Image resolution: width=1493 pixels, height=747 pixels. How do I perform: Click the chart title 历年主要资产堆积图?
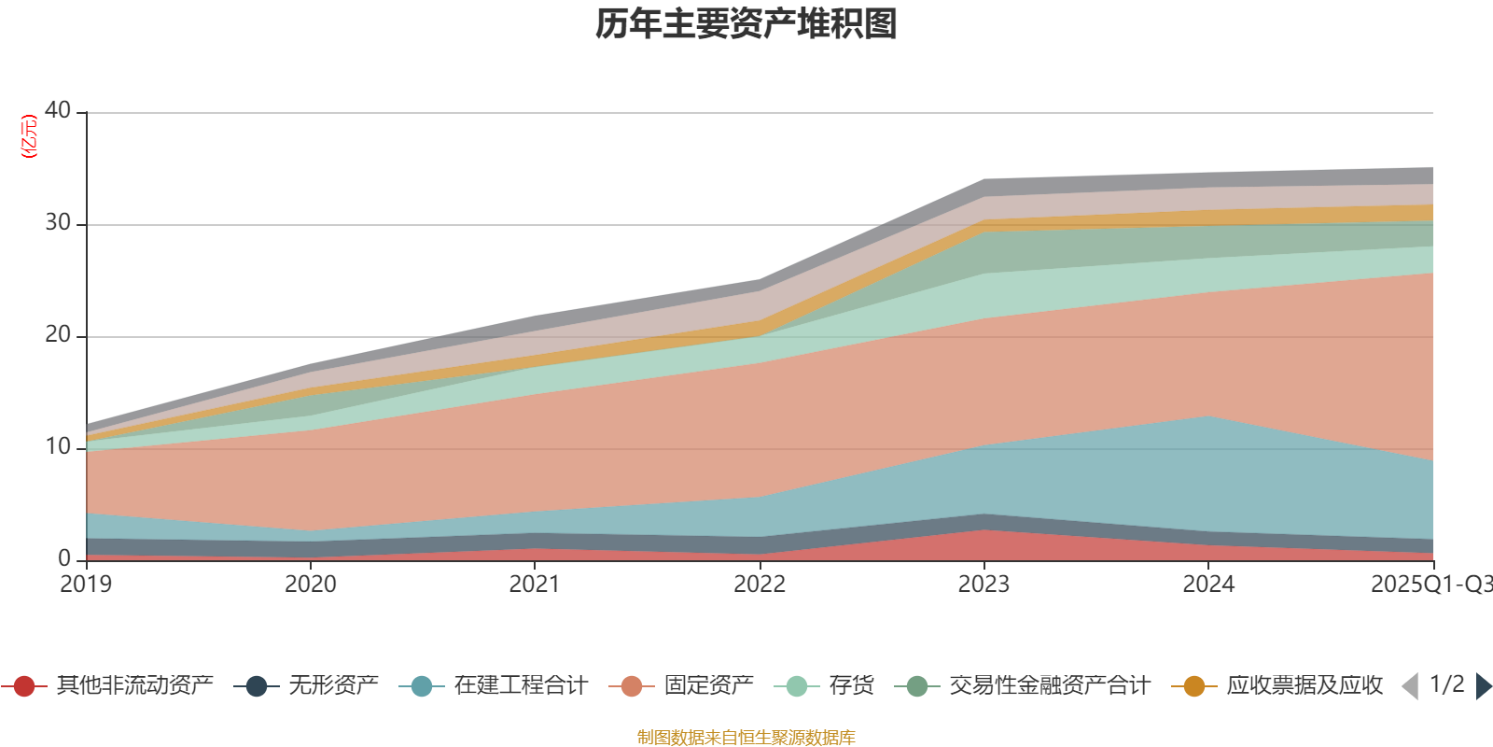(746, 24)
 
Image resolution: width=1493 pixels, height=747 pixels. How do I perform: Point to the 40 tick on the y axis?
(58, 110)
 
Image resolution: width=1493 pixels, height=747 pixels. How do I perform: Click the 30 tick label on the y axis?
(58, 222)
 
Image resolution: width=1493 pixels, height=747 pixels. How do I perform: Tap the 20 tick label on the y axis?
(58, 334)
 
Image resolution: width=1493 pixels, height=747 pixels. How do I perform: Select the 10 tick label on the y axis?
(58, 446)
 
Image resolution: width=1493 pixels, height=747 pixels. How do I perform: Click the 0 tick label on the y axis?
(64, 558)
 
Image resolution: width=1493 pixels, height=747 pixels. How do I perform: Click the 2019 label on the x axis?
(86, 585)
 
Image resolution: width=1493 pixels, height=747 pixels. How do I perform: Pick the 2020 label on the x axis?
(311, 585)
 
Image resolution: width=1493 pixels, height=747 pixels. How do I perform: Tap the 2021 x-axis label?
(535, 585)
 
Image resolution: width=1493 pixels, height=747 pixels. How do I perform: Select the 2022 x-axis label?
(760, 585)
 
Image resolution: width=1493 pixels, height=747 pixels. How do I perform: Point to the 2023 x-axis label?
(984, 585)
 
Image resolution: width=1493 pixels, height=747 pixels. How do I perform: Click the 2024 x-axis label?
(1208, 585)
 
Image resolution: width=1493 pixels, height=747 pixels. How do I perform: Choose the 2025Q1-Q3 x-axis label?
(1430, 585)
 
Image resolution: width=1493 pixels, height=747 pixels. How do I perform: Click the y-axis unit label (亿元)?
(29, 136)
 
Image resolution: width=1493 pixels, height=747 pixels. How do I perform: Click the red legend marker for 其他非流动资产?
(24, 686)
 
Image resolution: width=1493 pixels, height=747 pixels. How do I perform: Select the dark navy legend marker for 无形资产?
(257, 686)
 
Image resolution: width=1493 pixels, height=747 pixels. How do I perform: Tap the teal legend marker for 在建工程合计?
(422, 686)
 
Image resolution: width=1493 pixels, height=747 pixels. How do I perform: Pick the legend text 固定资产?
(708, 686)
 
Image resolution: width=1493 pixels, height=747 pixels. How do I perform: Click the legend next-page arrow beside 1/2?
(1483, 686)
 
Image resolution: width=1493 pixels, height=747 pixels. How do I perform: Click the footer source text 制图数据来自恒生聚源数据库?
(746, 738)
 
